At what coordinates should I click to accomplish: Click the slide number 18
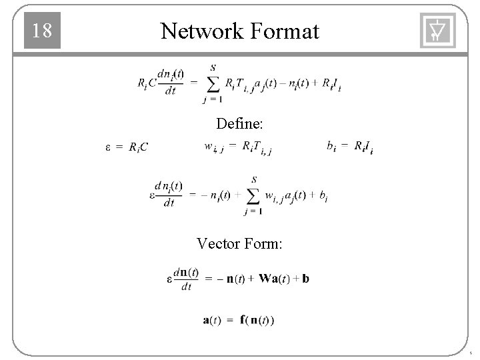(x=42, y=31)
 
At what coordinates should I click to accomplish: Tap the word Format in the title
(x=284, y=31)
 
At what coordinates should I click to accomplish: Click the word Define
(x=239, y=123)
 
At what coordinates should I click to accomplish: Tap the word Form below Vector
(x=264, y=244)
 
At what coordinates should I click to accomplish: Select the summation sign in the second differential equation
(x=253, y=195)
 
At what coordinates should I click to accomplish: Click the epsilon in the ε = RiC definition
(x=109, y=147)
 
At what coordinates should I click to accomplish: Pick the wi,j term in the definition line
(x=213, y=147)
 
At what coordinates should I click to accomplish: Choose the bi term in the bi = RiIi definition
(x=331, y=145)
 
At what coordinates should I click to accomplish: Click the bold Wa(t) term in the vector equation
(x=274, y=279)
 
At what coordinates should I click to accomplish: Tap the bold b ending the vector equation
(x=305, y=279)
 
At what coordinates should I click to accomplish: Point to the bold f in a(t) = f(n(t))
(x=244, y=320)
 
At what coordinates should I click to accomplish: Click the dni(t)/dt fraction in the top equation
(x=171, y=83)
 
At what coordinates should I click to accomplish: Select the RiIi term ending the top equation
(x=331, y=84)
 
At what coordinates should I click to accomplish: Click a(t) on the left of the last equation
(x=212, y=320)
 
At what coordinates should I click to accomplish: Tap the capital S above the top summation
(x=213, y=67)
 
